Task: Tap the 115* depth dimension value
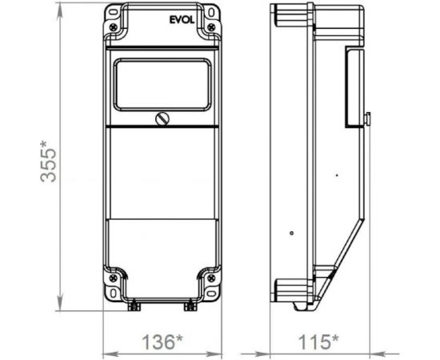click(x=316, y=342)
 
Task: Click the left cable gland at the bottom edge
click(x=134, y=305)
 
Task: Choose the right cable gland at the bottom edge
click(x=190, y=305)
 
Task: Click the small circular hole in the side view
click(x=292, y=234)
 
